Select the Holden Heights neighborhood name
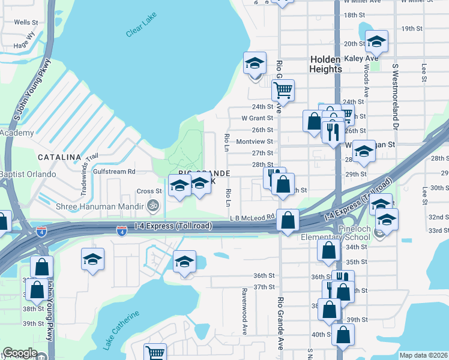coord(326,64)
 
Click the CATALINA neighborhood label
coord(59,157)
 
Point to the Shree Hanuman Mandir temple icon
coord(154,206)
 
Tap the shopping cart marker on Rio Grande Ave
coord(282,91)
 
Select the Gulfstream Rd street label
coord(114,171)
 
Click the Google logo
coord(20,353)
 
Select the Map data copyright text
coord(423,355)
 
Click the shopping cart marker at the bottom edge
coord(156,352)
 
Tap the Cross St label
coord(146,191)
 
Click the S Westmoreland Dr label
coord(395,96)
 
